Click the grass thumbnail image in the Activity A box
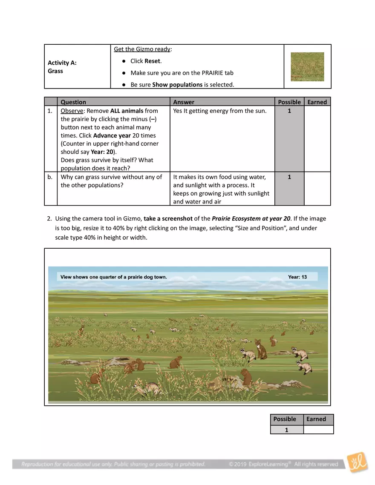point(307,67)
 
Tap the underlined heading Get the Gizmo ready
point(142,49)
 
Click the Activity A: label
point(62,63)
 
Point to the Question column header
point(73,102)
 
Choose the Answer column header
point(184,102)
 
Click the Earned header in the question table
point(317,102)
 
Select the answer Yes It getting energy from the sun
point(220,111)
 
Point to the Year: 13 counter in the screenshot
point(297,277)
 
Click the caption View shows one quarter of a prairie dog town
point(114,277)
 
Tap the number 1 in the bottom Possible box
point(286,430)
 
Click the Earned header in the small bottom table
point(316,419)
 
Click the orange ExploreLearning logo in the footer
point(357,463)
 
